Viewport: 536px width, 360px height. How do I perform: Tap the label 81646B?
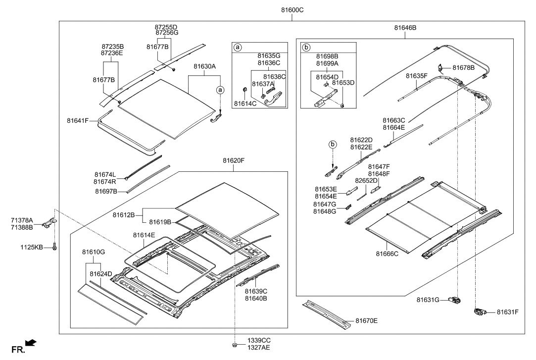coord(405,28)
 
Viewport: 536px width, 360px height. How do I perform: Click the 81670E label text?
coord(366,321)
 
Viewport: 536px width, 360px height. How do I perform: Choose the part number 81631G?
coord(428,300)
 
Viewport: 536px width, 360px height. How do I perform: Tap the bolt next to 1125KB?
coord(54,246)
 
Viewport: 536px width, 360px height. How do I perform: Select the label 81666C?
coord(388,253)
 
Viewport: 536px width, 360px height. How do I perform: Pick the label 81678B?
coord(462,67)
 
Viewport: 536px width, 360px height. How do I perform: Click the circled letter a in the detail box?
coord(238,48)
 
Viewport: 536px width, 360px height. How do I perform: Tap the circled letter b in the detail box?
coord(306,48)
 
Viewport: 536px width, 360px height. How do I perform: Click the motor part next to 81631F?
coord(479,311)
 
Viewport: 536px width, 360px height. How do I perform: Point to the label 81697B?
coord(105,191)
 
